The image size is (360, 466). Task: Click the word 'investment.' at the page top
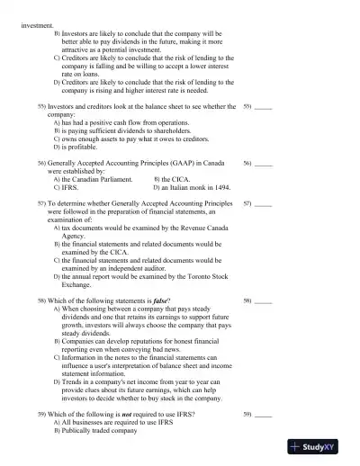[36, 25]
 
